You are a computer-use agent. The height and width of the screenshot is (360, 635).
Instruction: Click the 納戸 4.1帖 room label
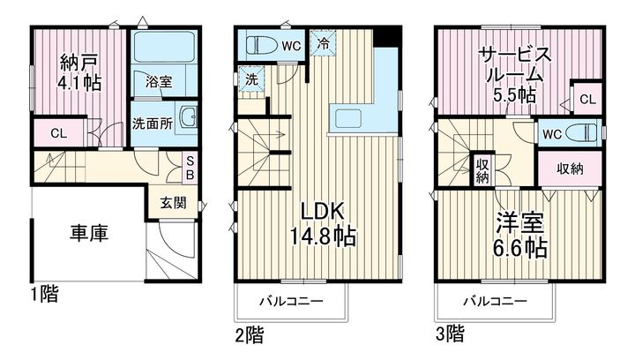point(79,72)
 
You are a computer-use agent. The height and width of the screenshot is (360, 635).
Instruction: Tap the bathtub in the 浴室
point(164,46)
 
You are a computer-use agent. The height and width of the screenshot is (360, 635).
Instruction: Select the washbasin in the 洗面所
point(188,116)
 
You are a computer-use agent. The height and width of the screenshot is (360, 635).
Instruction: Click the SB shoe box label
point(190,168)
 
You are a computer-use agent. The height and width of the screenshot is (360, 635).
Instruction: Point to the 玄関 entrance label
point(173,203)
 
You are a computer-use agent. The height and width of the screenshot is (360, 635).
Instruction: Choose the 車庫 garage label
point(89,234)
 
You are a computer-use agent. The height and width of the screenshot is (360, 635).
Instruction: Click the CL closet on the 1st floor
point(59,133)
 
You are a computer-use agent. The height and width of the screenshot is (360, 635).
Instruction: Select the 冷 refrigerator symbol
point(323,43)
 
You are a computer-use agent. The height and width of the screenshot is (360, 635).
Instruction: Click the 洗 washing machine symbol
point(251,79)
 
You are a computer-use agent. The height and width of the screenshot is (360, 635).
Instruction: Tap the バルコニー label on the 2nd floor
point(291,301)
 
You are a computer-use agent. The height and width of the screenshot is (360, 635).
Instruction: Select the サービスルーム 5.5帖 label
point(515,75)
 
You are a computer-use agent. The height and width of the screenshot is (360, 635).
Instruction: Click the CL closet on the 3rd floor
point(586,99)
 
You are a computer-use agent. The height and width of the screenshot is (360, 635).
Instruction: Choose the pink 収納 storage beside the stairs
point(570,169)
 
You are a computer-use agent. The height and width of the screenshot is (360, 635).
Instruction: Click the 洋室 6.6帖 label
point(520,235)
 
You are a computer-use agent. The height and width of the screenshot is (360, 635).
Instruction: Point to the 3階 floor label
point(450,334)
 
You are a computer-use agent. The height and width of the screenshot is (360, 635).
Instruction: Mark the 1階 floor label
point(45,294)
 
